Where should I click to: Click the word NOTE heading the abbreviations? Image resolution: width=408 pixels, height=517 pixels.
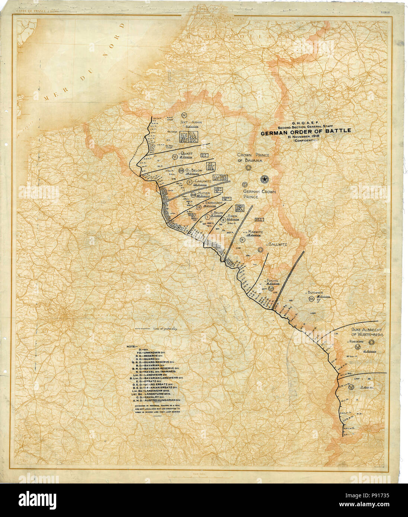point(132,346)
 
